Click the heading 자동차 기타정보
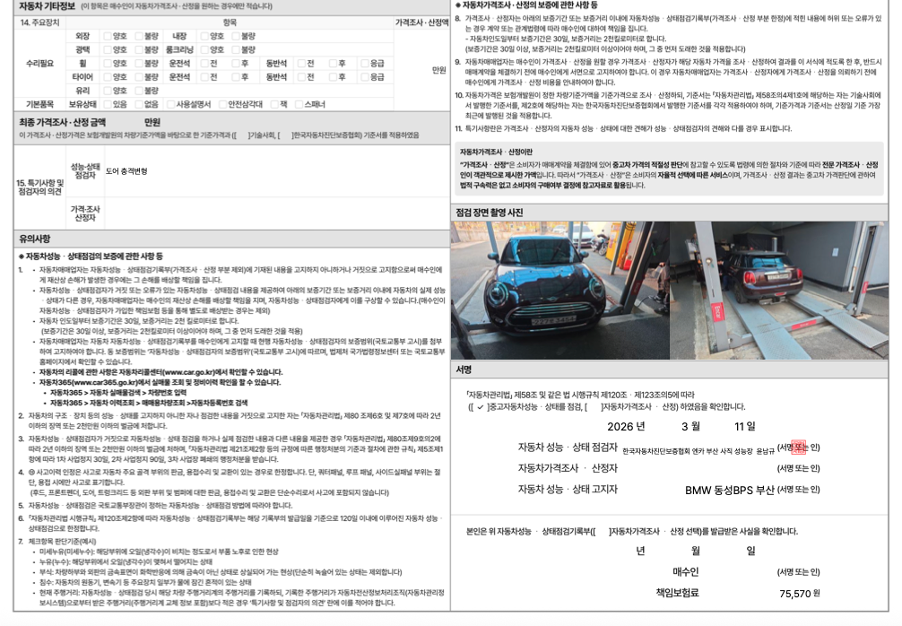coord(48,6)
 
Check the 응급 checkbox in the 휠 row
coord(363,64)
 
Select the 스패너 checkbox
coord(299,104)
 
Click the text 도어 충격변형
coord(126,170)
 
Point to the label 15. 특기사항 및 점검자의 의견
coord(40,187)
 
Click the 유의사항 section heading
coord(35,239)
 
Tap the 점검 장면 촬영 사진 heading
coord(490,213)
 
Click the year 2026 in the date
coord(626,426)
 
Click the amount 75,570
coord(794,593)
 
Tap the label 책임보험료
coord(677,593)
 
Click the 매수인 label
coord(685,571)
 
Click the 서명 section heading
coord(464,369)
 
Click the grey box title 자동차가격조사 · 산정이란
coord(496,152)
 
